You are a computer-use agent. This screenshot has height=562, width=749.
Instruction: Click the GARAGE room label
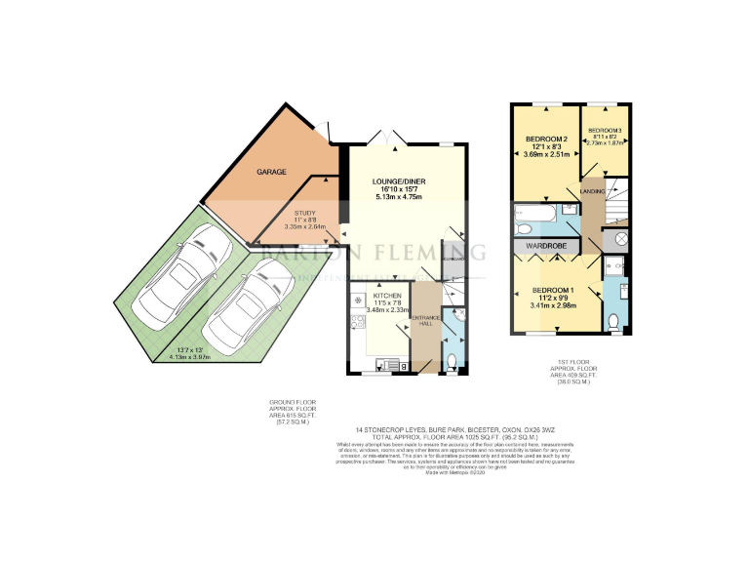(x=271, y=172)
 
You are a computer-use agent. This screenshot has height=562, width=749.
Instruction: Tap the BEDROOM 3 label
(x=605, y=131)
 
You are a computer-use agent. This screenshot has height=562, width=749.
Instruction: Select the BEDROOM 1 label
(x=553, y=291)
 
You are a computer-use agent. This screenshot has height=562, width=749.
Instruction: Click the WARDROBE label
(x=547, y=246)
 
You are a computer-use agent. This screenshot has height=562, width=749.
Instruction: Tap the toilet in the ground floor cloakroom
(x=450, y=361)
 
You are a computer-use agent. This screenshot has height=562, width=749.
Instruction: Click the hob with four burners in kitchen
(x=358, y=297)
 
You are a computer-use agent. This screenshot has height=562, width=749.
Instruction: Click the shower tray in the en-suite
(x=614, y=266)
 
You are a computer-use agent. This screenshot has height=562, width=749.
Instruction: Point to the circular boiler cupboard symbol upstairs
(x=621, y=238)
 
